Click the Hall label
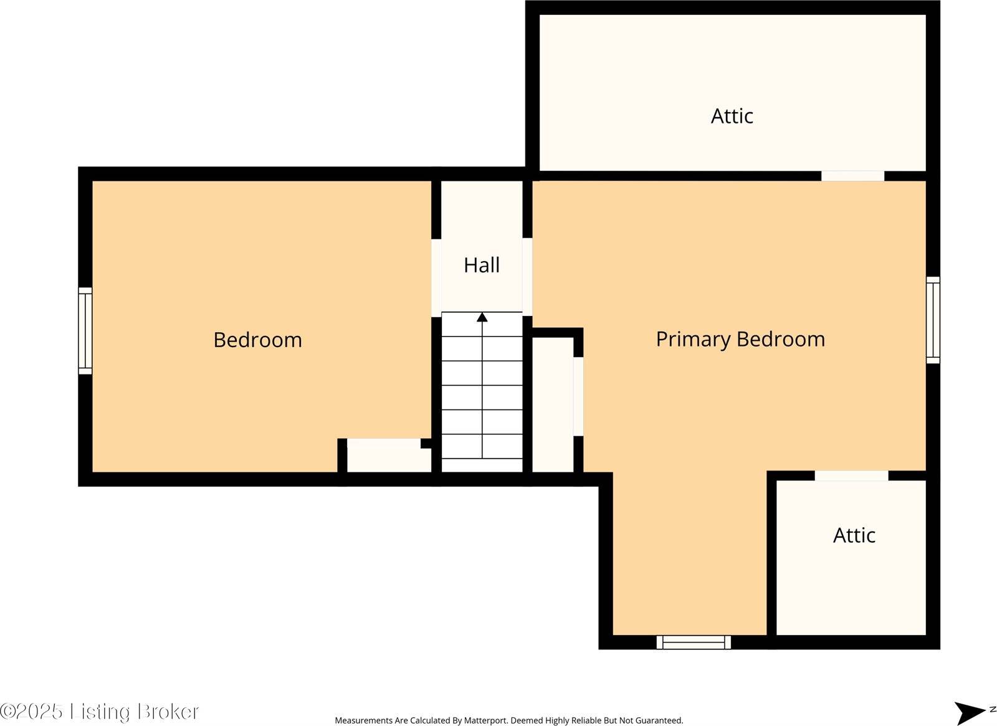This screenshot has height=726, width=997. tap(482, 265)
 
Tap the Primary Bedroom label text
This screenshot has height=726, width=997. tap(741, 340)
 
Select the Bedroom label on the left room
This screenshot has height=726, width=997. tap(258, 340)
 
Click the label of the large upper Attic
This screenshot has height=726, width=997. tap(732, 116)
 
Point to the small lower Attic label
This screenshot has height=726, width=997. tap(854, 535)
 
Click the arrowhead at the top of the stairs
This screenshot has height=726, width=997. tap(482, 317)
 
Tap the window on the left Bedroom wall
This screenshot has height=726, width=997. tap(85, 331)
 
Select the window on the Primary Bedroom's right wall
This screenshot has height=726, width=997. tap(933, 320)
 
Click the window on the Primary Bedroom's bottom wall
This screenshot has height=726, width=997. tap(694, 642)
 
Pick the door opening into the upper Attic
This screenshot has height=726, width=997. tap(852, 176)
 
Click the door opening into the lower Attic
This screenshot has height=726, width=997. tap(851, 475)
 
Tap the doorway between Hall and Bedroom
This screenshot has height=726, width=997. tap(436, 278)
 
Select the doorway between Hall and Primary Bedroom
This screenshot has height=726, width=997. tap(527, 277)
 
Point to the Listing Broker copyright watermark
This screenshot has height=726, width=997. tap(99, 711)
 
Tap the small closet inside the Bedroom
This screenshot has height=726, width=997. tap(388, 456)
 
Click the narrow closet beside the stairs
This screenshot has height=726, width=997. tap(552, 404)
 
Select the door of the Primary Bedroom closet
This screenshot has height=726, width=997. tap(578, 396)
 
